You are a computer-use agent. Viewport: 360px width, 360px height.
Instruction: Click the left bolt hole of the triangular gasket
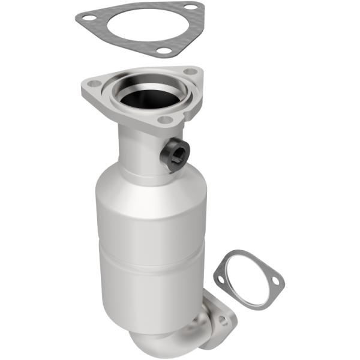point(88,17)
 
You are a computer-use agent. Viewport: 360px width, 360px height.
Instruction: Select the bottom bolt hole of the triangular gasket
point(163,50)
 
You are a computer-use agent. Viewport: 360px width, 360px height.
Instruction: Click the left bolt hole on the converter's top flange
point(92,84)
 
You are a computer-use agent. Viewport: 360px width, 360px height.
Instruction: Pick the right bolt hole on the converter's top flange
point(191,72)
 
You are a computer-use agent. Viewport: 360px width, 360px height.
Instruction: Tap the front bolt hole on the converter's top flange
point(163,119)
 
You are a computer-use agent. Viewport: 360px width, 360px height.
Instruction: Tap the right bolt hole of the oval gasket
point(275,280)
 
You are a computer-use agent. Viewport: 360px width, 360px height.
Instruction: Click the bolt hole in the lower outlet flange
point(223,321)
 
